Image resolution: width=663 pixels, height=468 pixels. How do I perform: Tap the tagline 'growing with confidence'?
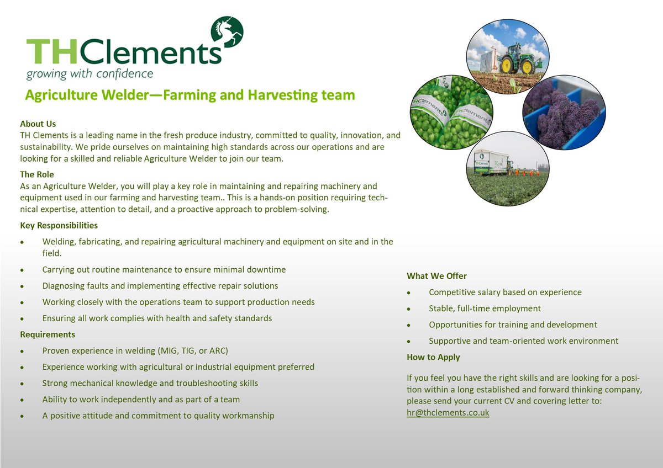90,73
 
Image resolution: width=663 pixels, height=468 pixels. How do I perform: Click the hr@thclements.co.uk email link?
448,412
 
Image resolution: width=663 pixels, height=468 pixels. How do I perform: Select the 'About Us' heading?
38,124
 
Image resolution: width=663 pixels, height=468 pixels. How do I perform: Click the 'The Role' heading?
37,174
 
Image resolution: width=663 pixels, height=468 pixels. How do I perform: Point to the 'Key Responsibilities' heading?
59,225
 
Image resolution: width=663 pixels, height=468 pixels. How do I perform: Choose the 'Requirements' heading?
48,334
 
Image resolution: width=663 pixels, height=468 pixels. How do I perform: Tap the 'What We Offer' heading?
436,276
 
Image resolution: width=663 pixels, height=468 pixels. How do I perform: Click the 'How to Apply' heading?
433,357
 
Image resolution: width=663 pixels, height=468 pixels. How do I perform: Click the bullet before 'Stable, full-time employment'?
408,309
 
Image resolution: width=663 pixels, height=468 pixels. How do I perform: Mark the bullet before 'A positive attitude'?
22,416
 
